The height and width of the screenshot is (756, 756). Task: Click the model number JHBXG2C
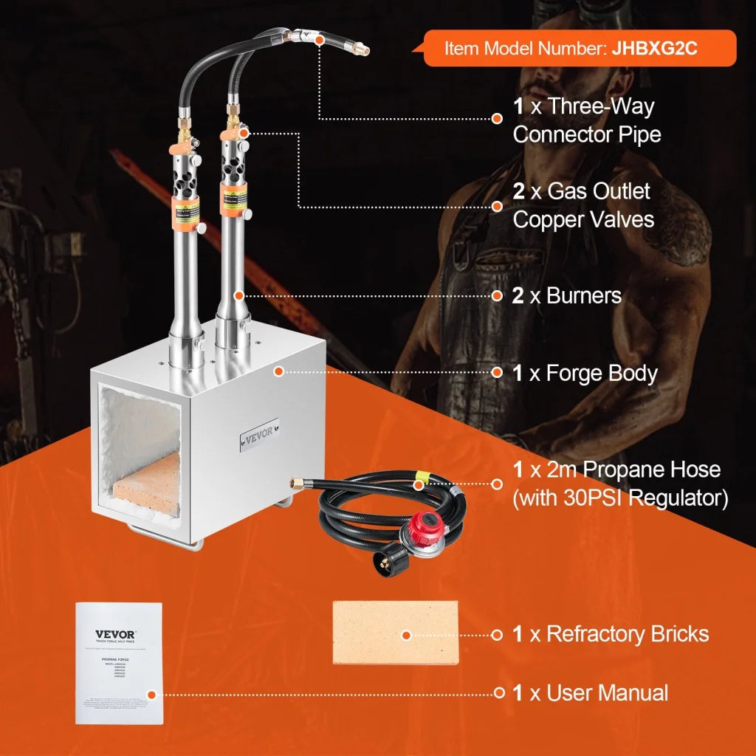(x=654, y=49)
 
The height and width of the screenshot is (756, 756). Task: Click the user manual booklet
(x=119, y=662)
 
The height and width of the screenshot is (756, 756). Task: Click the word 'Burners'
(x=584, y=296)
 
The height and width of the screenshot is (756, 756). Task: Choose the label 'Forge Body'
(x=601, y=373)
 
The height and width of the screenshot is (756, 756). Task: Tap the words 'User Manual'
(x=607, y=693)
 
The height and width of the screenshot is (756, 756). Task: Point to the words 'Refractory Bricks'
(x=628, y=634)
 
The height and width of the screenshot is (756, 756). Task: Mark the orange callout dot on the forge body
(x=278, y=371)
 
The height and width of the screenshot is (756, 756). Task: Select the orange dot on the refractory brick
(x=405, y=634)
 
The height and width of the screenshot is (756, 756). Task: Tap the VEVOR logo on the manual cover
(x=115, y=634)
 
